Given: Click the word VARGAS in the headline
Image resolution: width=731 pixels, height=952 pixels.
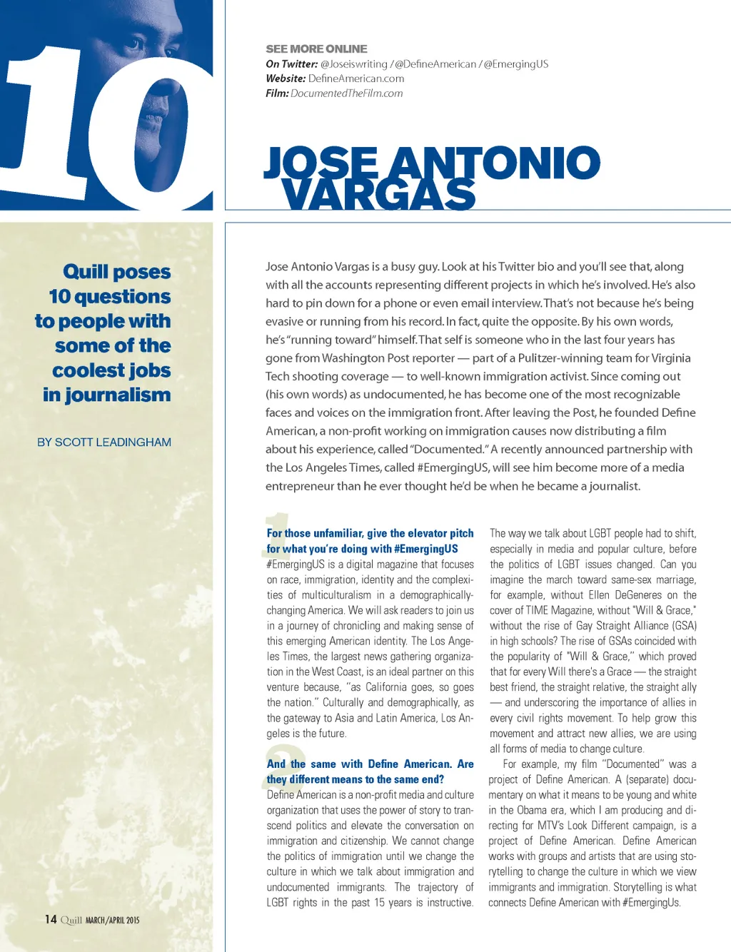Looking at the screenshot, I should [x=378, y=194].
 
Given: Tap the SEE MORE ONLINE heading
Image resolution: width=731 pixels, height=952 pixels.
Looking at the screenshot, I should [x=316, y=49].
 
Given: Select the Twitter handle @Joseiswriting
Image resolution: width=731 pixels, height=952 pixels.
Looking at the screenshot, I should [x=354, y=64].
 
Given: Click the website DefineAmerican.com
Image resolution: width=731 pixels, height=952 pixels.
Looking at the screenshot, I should [x=356, y=79].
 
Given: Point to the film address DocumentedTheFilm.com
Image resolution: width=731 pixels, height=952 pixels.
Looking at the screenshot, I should [x=346, y=93].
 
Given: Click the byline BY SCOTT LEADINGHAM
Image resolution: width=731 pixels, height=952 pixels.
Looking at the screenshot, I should [x=104, y=442].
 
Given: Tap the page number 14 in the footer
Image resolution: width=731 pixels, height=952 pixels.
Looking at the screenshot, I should [x=51, y=919].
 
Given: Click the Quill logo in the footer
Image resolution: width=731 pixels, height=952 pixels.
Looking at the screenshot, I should [x=71, y=920].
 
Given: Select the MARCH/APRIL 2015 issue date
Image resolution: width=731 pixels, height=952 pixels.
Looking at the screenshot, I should [x=113, y=921].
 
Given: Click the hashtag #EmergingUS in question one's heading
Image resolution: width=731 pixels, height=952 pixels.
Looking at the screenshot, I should [x=425, y=549].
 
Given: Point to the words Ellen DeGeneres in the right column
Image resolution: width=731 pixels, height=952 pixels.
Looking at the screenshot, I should [x=617, y=595].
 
